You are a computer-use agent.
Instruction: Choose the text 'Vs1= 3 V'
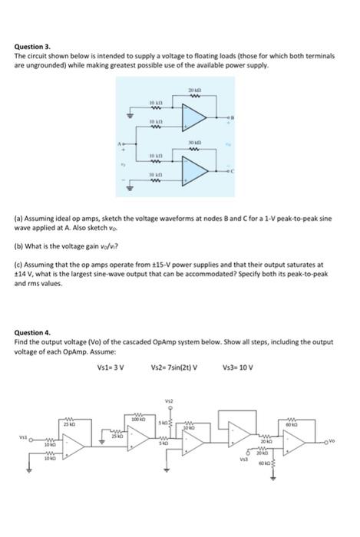point(111,367)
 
